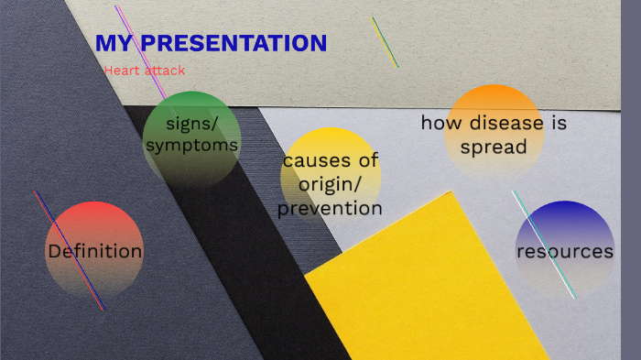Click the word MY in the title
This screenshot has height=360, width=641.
tap(114, 43)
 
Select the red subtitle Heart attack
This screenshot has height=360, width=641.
tap(145, 70)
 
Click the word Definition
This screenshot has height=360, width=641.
tap(94, 251)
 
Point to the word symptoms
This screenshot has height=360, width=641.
tap(191, 145)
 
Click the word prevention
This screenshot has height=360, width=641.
tap(330, 209)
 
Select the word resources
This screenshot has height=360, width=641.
tap(564, 251)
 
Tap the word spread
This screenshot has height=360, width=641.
tap(494, 147)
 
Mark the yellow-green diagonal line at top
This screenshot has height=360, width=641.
tap(385, 41)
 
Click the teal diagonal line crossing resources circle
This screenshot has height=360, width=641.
tap(544, 245)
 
